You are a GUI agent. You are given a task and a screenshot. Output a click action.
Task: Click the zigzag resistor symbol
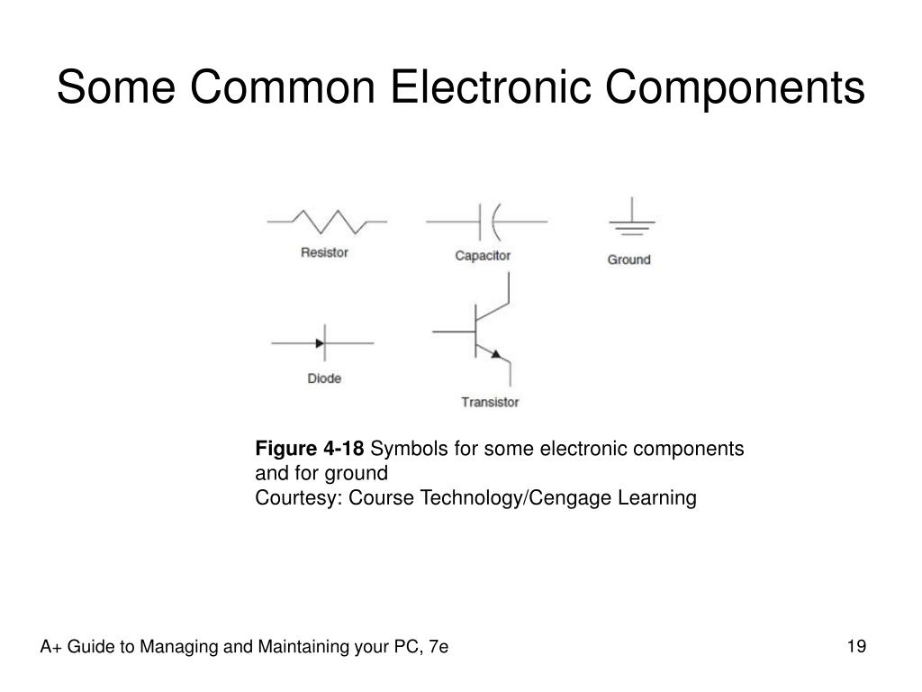(x=328, y=222)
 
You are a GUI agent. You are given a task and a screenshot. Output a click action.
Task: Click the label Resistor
(x=324, y=253)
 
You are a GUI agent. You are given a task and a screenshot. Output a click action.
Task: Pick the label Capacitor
(x=483, y=256)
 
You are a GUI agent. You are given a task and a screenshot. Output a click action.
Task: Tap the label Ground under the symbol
(x=628, y=259)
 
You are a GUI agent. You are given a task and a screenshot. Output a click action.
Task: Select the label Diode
(x=324, y=378)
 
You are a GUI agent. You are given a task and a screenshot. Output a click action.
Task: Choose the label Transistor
(x=490, y=402)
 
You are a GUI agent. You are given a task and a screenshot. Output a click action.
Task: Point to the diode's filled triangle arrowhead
(x=320, y=343)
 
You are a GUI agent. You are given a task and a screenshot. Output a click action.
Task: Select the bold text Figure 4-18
(x=310, y=449)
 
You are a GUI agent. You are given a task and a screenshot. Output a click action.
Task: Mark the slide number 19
(x=856, y=646)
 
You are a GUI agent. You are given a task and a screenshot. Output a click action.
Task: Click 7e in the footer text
(x=438, y=647)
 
